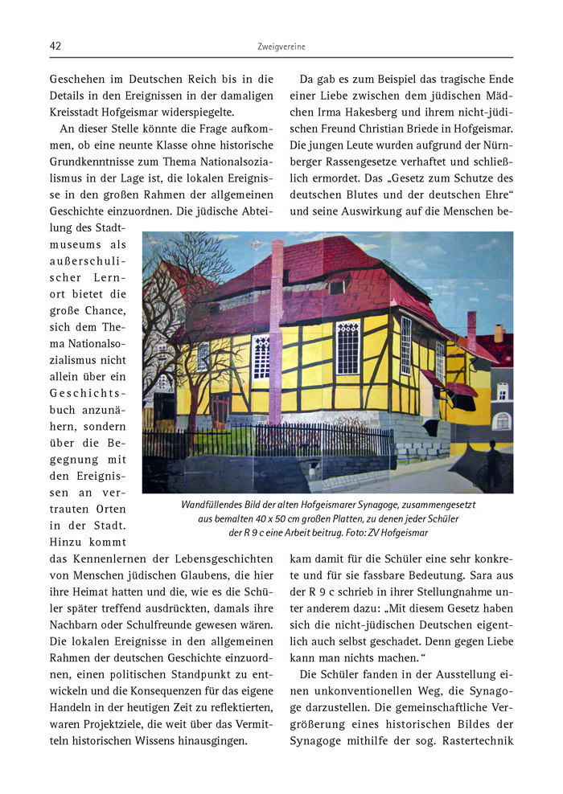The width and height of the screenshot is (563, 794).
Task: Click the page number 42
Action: coord(55,47)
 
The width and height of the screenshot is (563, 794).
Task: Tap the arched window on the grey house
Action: coord(501,420)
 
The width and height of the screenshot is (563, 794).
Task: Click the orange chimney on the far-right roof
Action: coord(498,333)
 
